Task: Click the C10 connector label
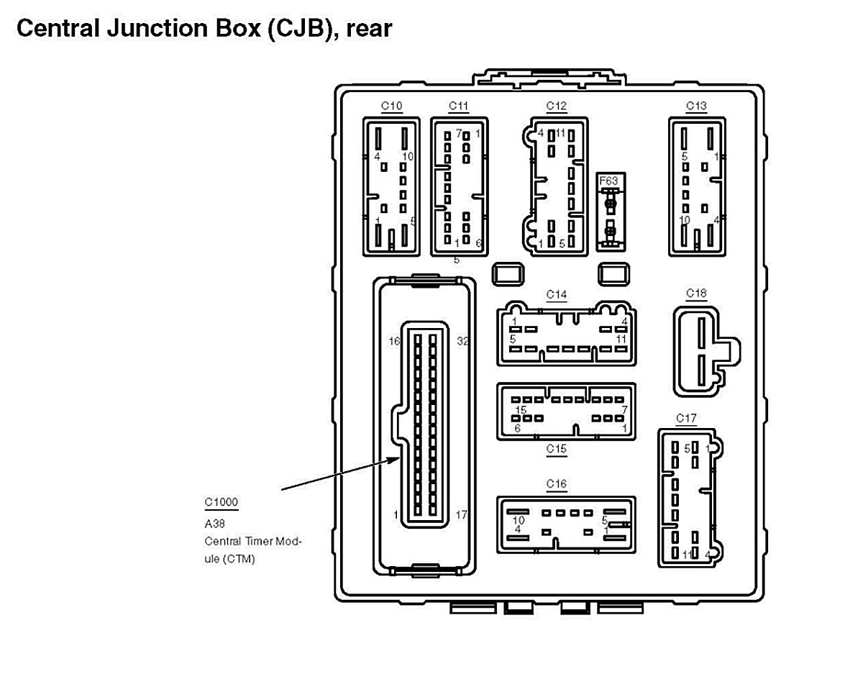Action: tap(391, 106)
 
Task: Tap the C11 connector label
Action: tap(458, 106)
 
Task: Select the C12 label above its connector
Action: tap(556, 106)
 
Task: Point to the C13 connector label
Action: tap(696, 106)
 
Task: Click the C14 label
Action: tap(556, 294)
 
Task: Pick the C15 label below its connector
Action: tap(556, 450)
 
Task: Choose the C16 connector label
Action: tap(556, 483)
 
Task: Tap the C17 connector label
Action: tap(686, 418)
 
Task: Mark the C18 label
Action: tap(696, 293)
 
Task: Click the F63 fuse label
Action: tap(608, 181)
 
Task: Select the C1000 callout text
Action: tap(221, 502)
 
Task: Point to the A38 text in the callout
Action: tap(215, 524)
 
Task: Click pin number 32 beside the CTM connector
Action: tap(462, 341)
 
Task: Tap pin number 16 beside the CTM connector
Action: tap(394, 341)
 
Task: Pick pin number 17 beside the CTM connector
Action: tap(461, 515)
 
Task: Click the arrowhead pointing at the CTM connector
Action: tap(398, 459)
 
